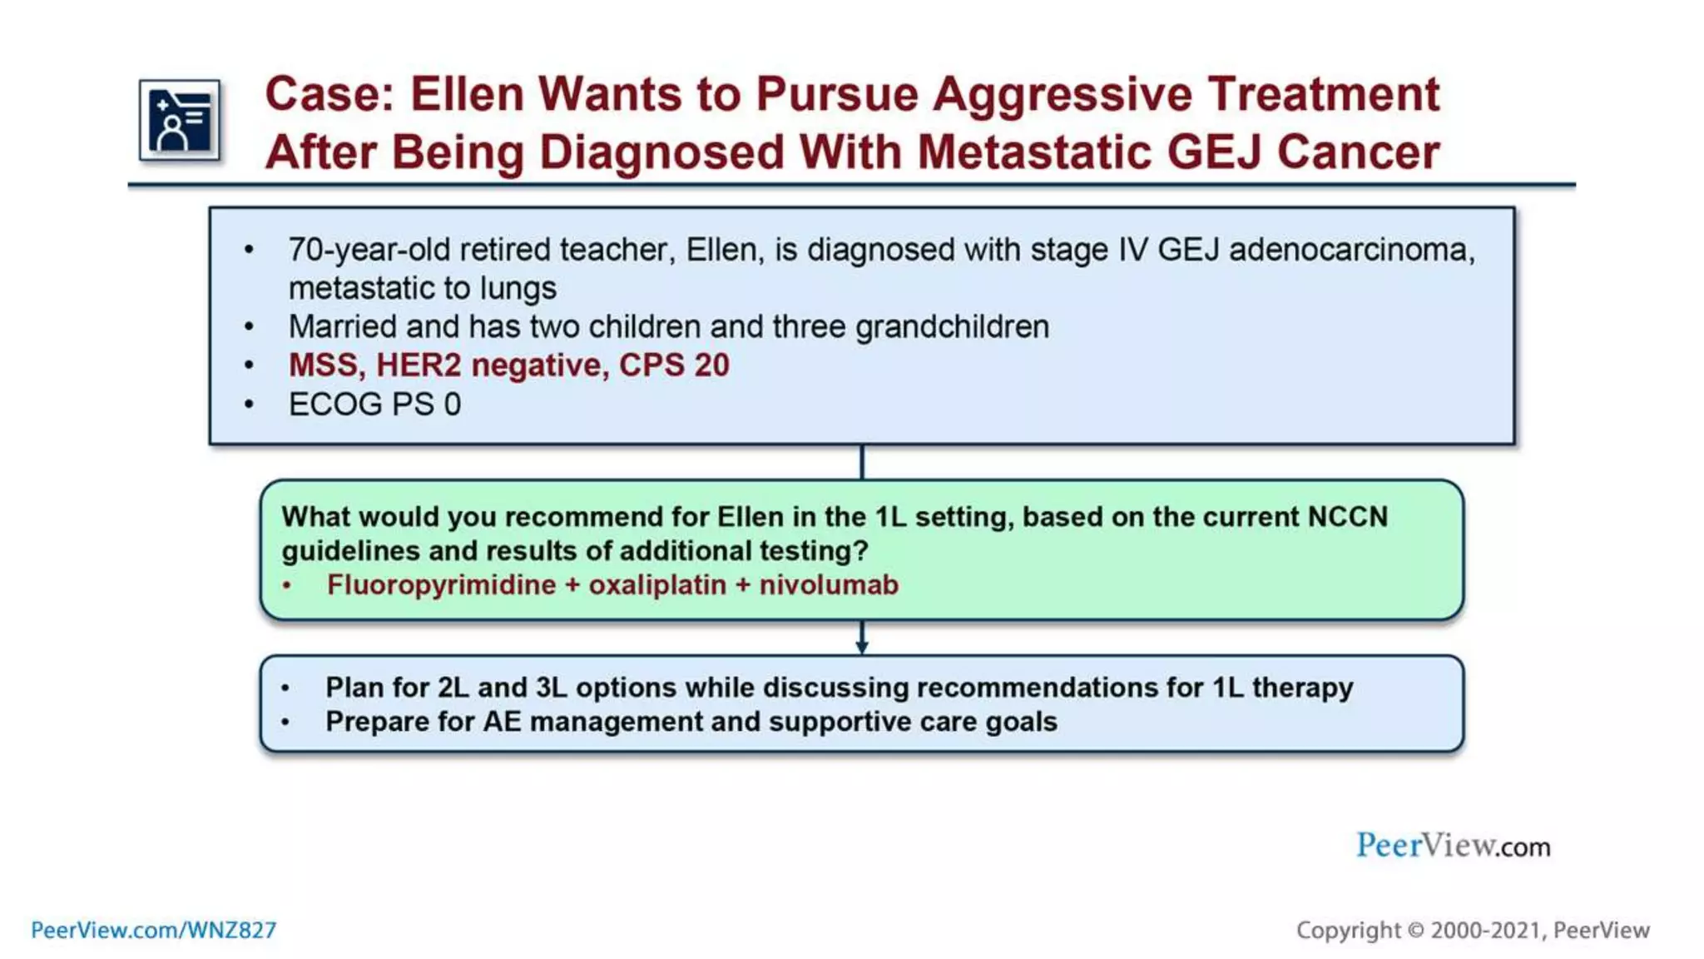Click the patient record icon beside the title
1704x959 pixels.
[180, 120]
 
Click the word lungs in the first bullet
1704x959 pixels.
[518, 288]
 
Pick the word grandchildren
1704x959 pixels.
[952, 326]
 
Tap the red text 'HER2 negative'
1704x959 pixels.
[490, 365]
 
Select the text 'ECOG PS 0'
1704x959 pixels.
[374, 405]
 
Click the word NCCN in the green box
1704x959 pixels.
[1347, 517]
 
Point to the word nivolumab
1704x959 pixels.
[829, 585]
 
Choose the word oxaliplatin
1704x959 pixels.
[657, 585]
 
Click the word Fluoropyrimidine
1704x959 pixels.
[441, 585]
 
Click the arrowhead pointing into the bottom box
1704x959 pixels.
[862, 647]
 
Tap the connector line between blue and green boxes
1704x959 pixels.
[862, 462]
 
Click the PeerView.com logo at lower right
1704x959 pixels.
[1453, 846]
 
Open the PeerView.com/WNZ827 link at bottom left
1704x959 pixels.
[154, 930]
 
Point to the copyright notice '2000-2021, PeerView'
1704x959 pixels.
[1539, 930]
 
